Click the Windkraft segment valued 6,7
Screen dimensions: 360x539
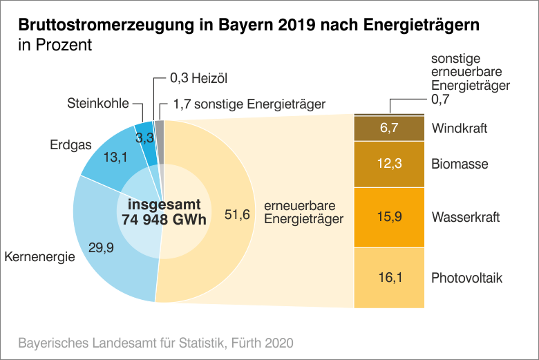pos(388,129)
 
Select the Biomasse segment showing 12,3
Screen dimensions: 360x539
pos(388,164)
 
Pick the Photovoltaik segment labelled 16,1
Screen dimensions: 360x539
pos(388,278)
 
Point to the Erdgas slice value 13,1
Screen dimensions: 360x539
pos(115,158)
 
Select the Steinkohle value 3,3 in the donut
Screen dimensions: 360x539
pos(144,138)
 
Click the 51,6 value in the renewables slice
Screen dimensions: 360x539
pos(237,214)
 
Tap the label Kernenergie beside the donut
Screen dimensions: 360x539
pos(39,258)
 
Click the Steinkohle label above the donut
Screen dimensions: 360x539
pos(98,104)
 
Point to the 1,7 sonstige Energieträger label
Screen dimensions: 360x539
pos(249,105)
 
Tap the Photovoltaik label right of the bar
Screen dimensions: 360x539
pos(466,278)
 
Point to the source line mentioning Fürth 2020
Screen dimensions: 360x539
pos(155,342)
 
